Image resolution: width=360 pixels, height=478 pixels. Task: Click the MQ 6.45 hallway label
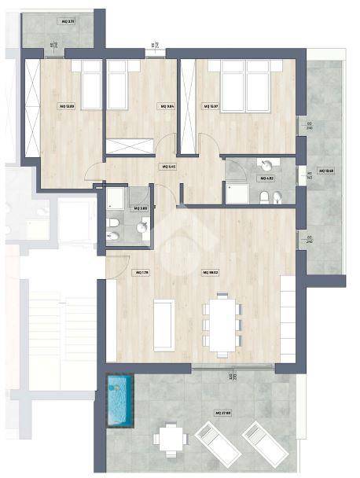167,167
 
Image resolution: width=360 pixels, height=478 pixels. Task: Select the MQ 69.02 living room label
210,272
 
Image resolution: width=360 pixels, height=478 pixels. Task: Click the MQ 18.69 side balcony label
326,171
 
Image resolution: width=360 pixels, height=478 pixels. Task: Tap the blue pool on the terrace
119,401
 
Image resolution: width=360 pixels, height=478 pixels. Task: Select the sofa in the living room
164,324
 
